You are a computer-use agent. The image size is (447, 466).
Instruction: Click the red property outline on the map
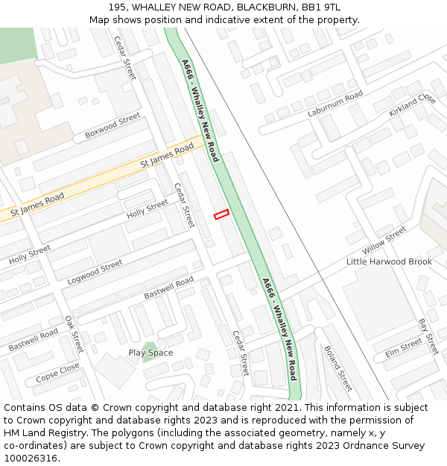221,215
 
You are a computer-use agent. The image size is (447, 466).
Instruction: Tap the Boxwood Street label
112,125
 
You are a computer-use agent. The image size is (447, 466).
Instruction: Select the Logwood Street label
95,272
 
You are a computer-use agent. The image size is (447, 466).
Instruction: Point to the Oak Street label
74,333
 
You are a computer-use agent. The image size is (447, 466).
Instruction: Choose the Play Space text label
150,353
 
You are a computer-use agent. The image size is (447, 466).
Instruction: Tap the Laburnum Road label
335,104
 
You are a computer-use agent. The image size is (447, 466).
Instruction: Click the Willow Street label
384,240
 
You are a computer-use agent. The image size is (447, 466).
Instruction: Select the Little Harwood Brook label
389,262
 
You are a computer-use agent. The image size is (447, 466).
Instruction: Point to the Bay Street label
428,336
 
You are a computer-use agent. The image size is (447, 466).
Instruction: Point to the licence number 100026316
31,459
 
